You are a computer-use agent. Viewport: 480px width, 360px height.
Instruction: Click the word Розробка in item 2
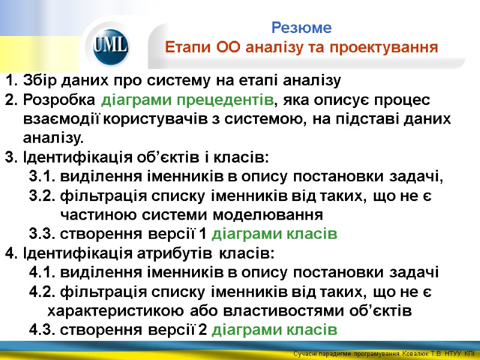[x=59, y=100]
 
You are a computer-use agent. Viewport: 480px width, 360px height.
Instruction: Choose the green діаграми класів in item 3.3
[x=275, y=234]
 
